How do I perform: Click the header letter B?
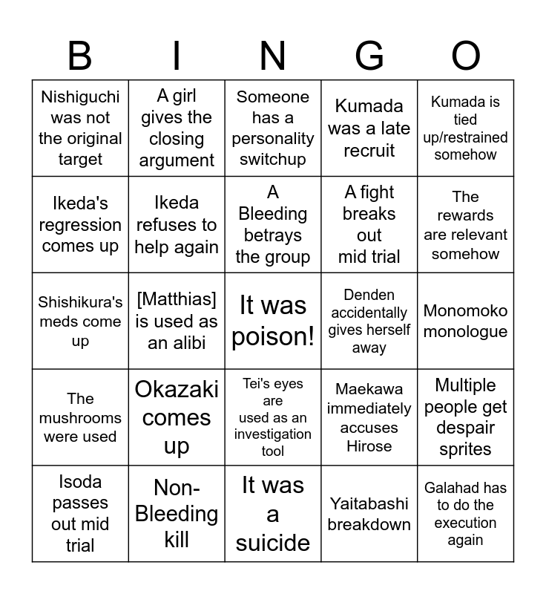click(x=80, y=56)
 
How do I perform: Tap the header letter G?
click(x=369, y=56)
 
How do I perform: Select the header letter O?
click(x=466, y=56)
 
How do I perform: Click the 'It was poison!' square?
click(x=273, y=321)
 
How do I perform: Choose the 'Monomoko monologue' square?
click(x=466, y=321)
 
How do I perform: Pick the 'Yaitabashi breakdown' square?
click(x=369, y=514)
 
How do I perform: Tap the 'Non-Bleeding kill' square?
click(x=177, y=514)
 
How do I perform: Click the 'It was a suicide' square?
click(x=273, y=514)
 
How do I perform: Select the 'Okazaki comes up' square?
click(x=177, y=417)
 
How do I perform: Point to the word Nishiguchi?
click(x=80, y=97)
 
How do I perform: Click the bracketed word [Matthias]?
click(x=177, y=299)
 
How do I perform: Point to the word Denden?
click(x=369, y=295)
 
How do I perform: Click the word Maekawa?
click(x=369, y=389)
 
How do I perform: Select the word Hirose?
click(x=369, y=446)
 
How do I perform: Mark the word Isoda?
click(x=80, y=483)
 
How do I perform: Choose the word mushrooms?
click(x=80, y=417)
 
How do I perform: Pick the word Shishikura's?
click(x=80, y=302)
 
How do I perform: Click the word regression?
click(x=80, y=225)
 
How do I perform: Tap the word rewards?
click(x=466, y=215)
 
